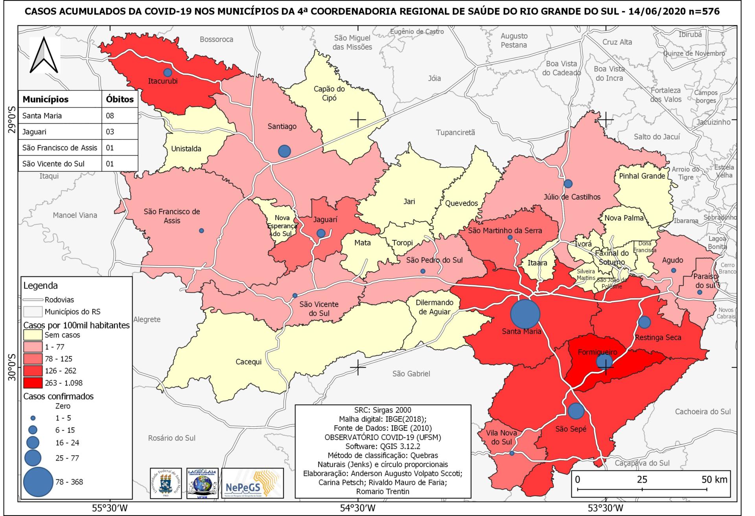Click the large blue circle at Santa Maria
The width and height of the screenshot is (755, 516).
[525, 314]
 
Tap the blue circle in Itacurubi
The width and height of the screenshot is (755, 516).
[168, 73]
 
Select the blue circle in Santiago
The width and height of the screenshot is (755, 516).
[284, 151]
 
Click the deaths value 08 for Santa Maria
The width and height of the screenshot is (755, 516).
[110, 116]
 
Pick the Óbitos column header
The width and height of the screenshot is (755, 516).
[120, 99]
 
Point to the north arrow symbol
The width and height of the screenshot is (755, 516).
[44, 55]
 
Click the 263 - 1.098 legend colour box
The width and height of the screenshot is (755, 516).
[33, 383]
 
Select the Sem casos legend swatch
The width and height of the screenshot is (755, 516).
[33, 335]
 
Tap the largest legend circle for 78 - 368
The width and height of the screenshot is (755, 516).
[38, 482]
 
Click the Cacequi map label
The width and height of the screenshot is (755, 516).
[249, 362]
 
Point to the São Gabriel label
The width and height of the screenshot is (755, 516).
[411, 374]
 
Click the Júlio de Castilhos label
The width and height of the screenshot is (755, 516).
[572, 197]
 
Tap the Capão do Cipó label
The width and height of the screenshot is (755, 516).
[329, 94]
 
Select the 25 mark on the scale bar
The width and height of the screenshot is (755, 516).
[642, 480]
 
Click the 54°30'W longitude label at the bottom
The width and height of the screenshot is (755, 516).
[357, 508]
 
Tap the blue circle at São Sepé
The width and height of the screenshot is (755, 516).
[576, 411]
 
